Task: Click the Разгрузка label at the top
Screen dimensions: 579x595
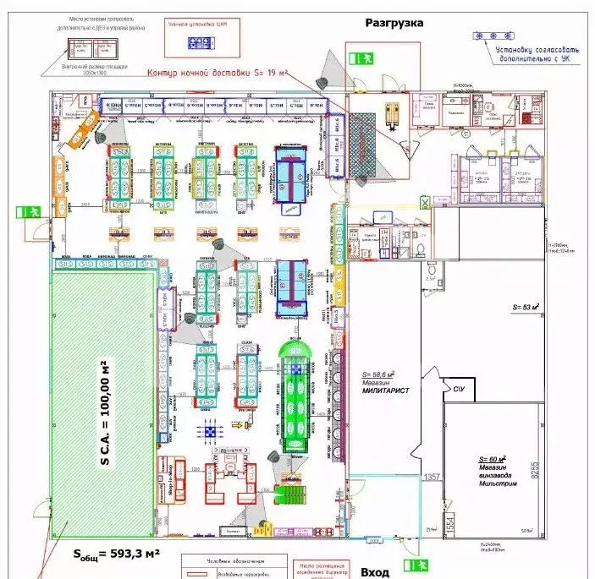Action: pos(394,23)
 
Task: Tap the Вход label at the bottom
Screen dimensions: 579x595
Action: pos(375,572)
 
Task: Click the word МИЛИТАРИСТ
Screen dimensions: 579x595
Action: pos(385,391)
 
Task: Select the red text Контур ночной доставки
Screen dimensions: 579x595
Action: pos(218,74)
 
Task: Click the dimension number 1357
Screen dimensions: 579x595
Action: pos(432,478)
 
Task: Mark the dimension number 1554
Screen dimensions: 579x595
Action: pos(449,522)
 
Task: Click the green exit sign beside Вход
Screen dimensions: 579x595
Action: pos(415,565)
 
